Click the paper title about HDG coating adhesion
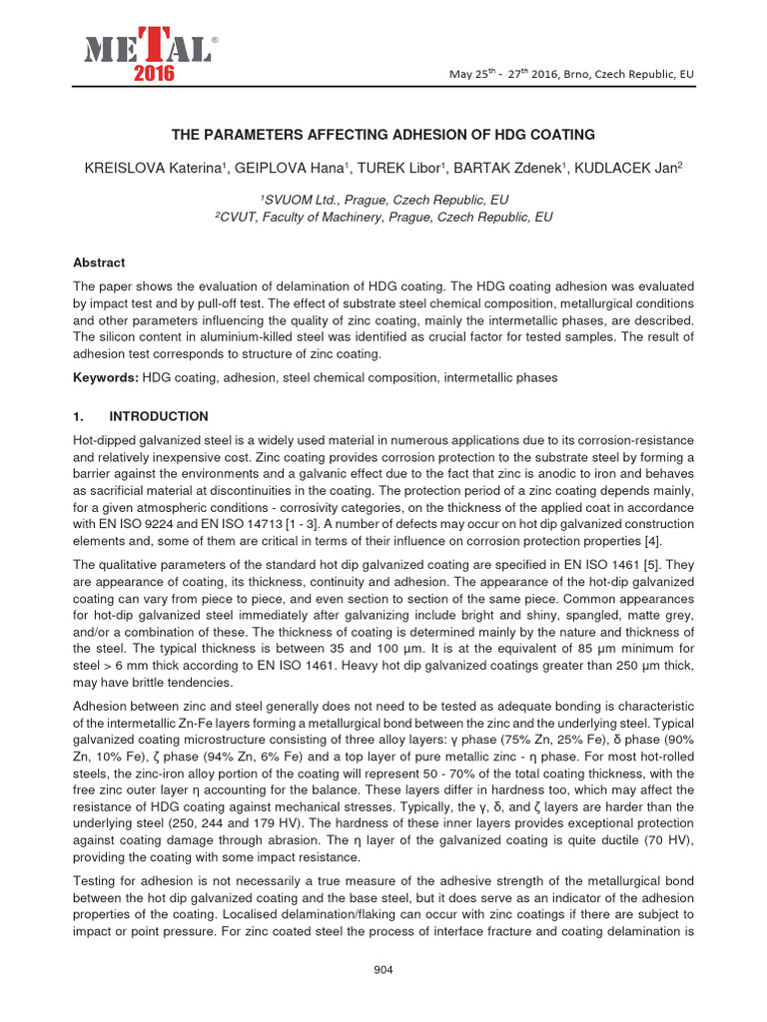383,134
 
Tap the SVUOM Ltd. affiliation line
383,200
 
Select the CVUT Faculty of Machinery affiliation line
383,217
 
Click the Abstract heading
99,263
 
